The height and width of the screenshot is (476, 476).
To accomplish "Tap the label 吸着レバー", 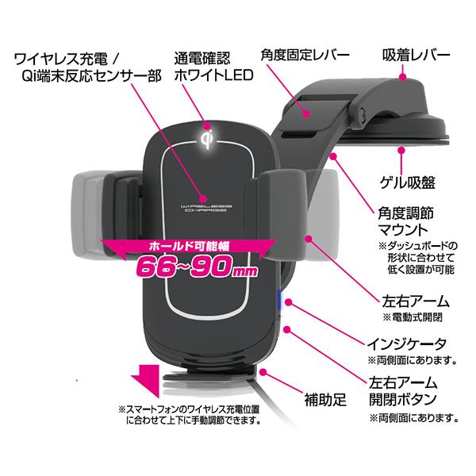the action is click(x=413, y=56).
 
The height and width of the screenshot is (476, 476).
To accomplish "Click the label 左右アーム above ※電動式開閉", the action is click(x=404, y=301).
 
